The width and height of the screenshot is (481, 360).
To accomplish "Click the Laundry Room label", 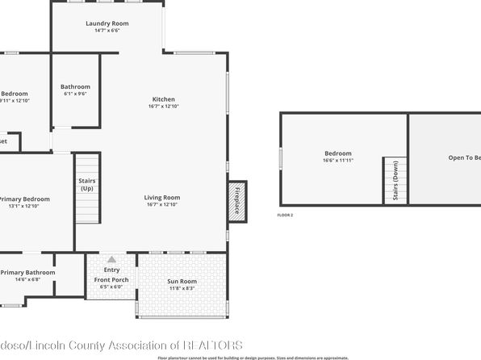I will click(x=107, y=23).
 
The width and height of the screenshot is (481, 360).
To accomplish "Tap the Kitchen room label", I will click(x=164, y=99).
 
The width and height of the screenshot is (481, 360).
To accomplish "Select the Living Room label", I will click(x=162, y=198).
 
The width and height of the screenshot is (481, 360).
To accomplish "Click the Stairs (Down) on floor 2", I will click(x=395, y=181).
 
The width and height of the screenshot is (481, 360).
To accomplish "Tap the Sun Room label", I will click(x=182, y=281).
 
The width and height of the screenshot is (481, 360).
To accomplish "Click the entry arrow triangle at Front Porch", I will click(x=111, y=260).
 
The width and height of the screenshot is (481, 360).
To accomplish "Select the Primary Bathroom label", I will click(x=27, y=273).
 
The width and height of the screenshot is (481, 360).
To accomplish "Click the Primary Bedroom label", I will click(x=24, y=199).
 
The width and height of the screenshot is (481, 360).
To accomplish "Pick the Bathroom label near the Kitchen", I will click(x=75, y=86).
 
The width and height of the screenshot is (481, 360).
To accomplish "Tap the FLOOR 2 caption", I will click(x=285, y=216).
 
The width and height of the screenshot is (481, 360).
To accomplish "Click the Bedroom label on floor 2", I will click(x=338, y=153).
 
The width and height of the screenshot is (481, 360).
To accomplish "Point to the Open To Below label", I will click(x=465, y=157).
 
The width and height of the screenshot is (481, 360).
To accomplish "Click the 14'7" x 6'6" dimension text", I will click(x=107, y=31).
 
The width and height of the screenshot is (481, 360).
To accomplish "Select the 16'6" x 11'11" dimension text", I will click(x=338, y=161).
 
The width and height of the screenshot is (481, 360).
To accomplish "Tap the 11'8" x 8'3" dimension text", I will click(x=182, y=288).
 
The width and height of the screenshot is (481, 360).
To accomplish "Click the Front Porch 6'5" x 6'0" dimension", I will click(x=111, y=287).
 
